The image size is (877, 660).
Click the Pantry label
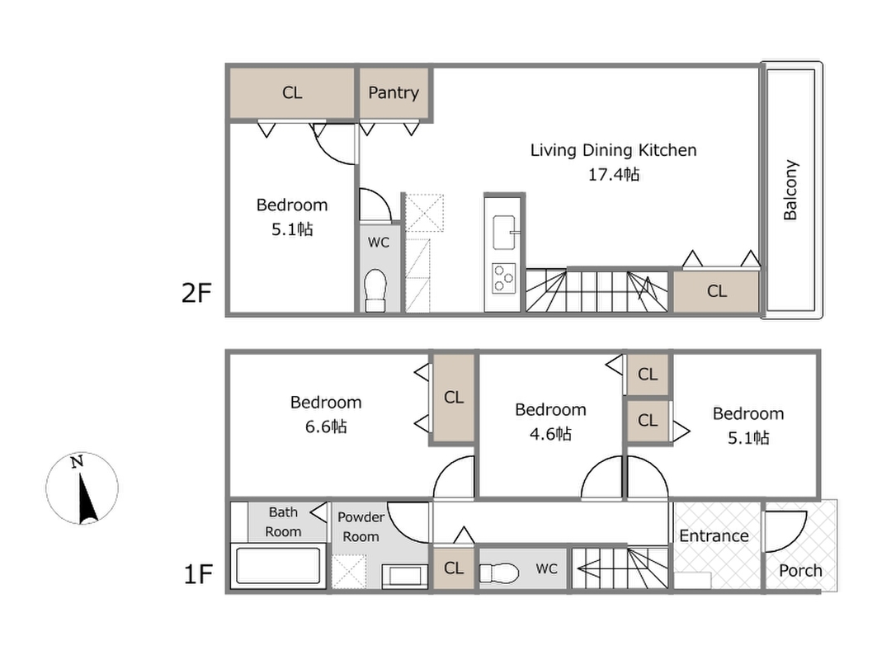click(x=394, y=93)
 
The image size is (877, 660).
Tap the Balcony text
click(x=790, y=191)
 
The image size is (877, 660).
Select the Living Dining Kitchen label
click(x=614, y=150)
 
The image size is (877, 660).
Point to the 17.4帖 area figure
click(x=614, y=175)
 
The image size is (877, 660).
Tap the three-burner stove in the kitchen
click(x=503, y=278)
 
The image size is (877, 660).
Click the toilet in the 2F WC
click(x=376, y=290)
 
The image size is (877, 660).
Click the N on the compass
click(x=78, y=462)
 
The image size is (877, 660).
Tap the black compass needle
click(x=87, y=497)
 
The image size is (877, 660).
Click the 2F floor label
click(x=196, y=293)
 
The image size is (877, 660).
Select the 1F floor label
click(x=198, y=574)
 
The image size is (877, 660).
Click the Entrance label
click(x=714, y=535)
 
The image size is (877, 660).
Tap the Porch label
click(x=800, y=571)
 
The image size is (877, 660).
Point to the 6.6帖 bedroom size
click(x=326, y=427)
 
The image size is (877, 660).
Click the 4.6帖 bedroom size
click(x=550, y=434)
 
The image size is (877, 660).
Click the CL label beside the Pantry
click(x=292, y=93)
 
